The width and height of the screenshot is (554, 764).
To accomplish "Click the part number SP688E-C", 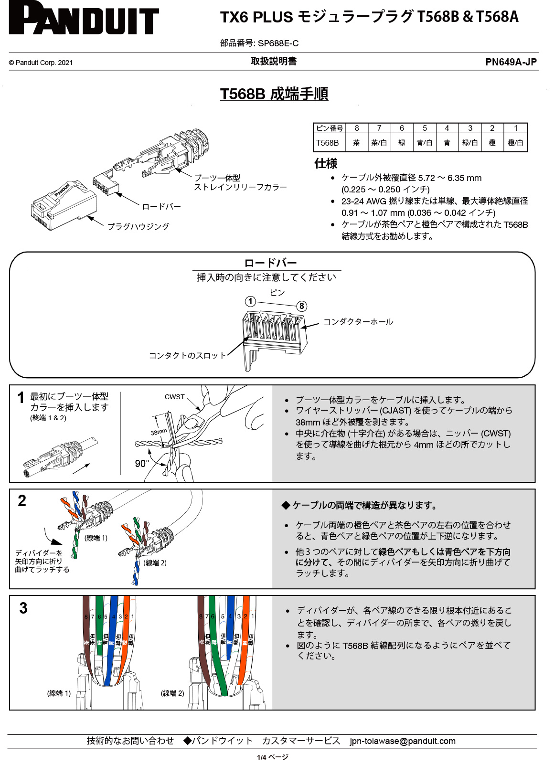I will click(x=278, y=43).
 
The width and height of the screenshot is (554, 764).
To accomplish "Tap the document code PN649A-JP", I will click(x=511, y=62).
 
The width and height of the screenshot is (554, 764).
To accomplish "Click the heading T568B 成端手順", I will click(x=274, y=94).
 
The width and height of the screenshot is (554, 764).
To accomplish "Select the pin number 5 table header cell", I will click(x=424, y=128).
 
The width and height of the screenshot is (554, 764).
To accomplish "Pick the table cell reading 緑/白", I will click(x=469, y=143).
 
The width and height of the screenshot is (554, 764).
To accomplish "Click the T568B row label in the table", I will click(x=327, y=143).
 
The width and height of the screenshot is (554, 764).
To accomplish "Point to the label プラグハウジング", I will click(x=138, y=226).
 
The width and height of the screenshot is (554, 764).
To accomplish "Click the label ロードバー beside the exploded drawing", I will click(x=161, y=207).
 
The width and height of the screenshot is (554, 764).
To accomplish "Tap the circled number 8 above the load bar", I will click(x=301, y=306).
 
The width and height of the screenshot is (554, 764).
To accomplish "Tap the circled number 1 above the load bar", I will click(x=250, y=301).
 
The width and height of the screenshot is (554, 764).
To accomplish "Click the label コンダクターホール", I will click(x=358, y=322).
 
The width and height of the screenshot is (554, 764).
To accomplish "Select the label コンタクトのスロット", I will click(x=187, y=355).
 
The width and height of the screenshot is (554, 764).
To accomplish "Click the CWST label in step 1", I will click(x=174, y=397).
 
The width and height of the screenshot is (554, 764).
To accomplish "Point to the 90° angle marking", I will click(x=142, y=464).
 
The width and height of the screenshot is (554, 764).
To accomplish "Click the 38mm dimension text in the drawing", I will click(x=159, y=432).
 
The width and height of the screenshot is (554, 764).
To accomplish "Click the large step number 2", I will click(x=22, y=500).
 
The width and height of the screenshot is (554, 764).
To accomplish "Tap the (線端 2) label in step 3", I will click(x=172, y=693).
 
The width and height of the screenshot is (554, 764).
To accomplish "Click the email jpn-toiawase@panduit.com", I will click(x=402, y=741).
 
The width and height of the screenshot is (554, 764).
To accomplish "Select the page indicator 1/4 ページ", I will click(x=273, y=757).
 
